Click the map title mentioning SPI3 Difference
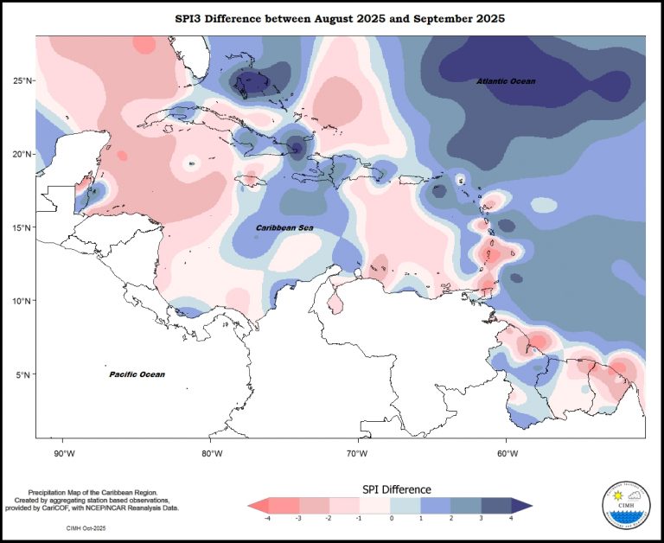(340, 17)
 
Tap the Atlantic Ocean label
(507, 81)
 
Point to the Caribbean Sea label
(284, 228)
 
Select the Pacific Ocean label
(137, 374)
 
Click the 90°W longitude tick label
(64, 452)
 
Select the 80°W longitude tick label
(211, 452)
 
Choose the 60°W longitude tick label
(507, 452)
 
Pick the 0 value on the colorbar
(391, 518)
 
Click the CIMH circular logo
(625, 505)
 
